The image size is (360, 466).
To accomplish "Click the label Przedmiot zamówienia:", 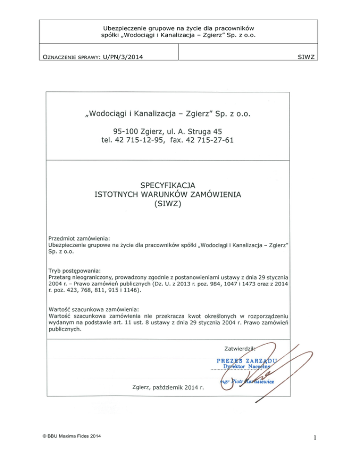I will click(79, 238).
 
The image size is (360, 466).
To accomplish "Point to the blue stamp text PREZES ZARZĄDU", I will click(247, 361).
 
